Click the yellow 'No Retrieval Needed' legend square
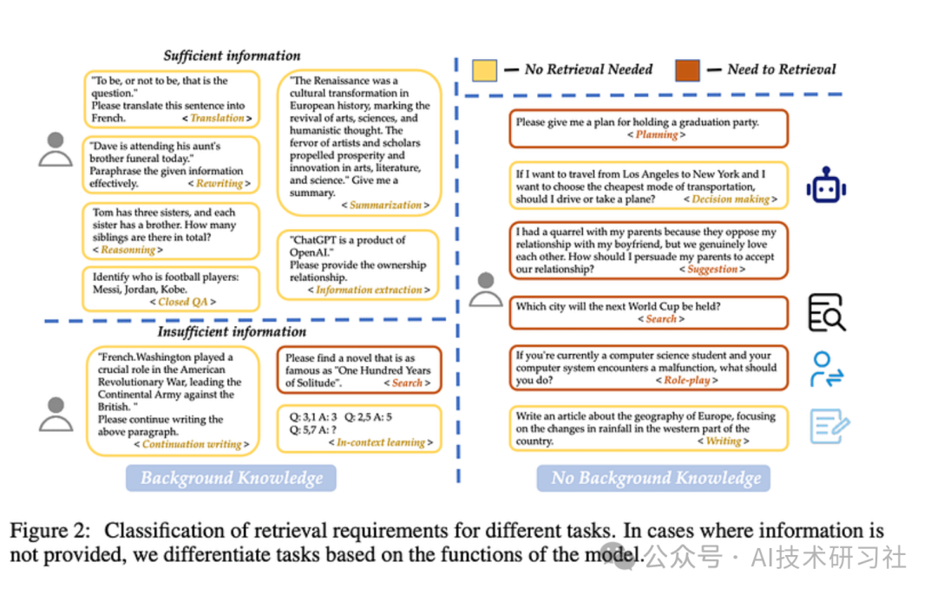coord(485,69)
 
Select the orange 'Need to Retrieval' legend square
coord(687,69)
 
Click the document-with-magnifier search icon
coord(826,313)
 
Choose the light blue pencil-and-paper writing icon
coord(829,427)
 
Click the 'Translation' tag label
coord(217,118)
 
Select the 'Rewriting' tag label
coord(219,184)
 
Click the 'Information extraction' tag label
coord(369,291)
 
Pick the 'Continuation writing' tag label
coord(192,445)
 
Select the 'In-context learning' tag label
coord(381,442)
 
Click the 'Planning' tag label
coord(656,135)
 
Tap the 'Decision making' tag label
coord(731,199)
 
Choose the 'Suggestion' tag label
coord(711,270)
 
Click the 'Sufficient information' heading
coord(232,56)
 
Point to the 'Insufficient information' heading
coord(232,332)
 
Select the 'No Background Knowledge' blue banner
coord(656,478)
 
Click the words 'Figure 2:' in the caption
coord(51,532)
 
